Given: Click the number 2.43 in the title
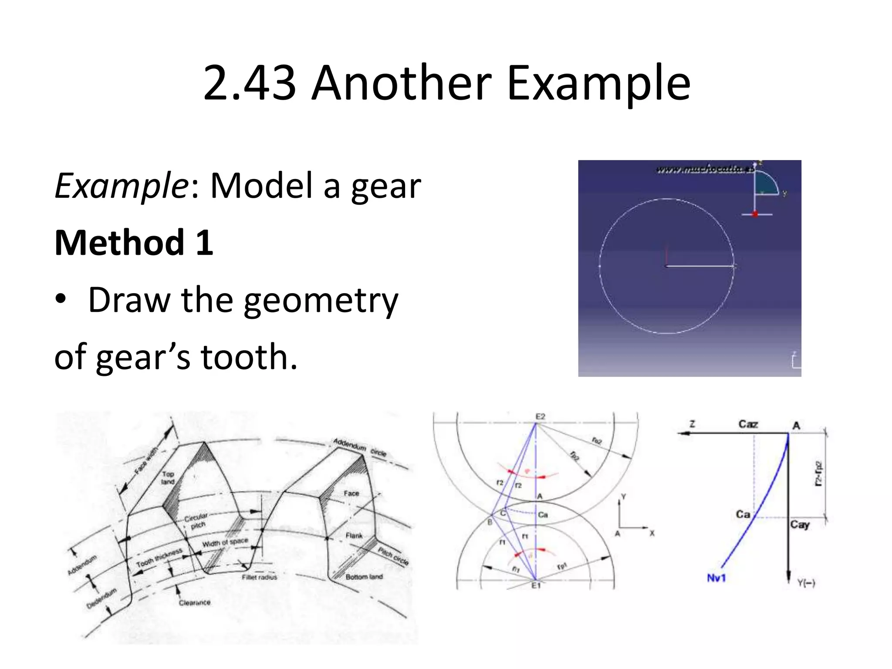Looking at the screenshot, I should [250, 83].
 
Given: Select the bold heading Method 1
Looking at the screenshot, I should [134, 243].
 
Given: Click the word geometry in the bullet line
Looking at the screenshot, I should [321, 301].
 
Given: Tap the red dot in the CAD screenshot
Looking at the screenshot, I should [756, 214].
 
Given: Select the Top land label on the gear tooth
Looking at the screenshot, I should [168, 477].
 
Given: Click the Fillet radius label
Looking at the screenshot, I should [260, 577].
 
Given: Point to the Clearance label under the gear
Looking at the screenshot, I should [195, 603].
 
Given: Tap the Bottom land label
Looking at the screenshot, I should [364, 577].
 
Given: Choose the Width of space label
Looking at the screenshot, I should [225, 543].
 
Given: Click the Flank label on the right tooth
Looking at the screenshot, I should [354, 535].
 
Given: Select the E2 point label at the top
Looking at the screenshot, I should [540, 417].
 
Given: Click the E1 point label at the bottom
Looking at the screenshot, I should [536, 585].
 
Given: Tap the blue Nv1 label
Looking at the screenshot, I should [716, 578].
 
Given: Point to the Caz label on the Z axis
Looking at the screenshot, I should [748, 424].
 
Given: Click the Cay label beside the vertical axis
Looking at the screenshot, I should [801, 524].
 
